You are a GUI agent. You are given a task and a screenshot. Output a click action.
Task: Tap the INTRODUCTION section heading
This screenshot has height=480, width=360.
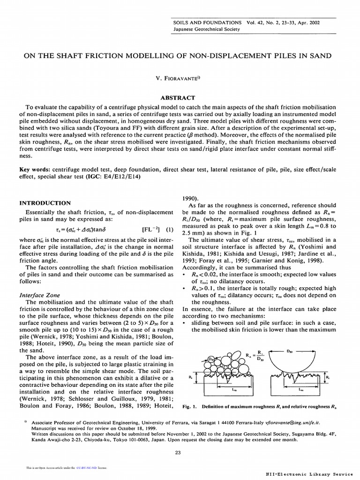[45, 203]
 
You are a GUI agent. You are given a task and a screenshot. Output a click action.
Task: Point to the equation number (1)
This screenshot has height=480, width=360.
[169, 230]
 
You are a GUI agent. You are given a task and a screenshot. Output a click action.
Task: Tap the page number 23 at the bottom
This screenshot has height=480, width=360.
[177, 452]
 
